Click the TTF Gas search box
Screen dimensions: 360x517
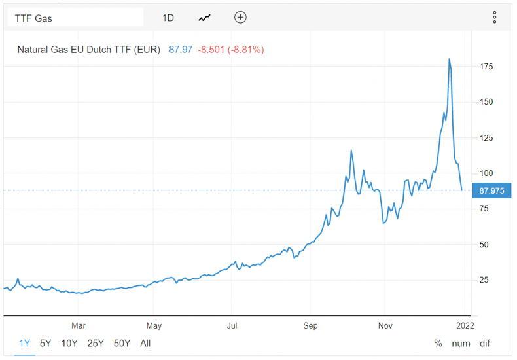pos(75,18)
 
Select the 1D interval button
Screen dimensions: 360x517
pos(168,18)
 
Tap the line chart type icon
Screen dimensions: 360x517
pos(205,18)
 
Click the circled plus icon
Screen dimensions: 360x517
pos(240,17)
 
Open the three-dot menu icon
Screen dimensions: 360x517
pos(495,17)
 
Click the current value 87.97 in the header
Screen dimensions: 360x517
pos(181,49)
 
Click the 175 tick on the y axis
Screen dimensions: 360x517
pos(486,67)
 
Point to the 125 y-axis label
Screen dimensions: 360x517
pos(486,138)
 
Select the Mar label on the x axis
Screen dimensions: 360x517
pos(79,325)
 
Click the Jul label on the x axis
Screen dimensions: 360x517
pos(232,325)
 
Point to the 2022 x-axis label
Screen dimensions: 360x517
pos(466,325)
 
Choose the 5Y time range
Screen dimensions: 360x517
pos(45,343)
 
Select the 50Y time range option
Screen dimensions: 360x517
pos(122,343)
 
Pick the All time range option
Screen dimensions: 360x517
pos(145,343)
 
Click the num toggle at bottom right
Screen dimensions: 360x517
pos(461,343)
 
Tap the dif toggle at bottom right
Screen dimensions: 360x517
pos(484,343)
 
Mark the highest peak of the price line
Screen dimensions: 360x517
pos(449,59)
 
